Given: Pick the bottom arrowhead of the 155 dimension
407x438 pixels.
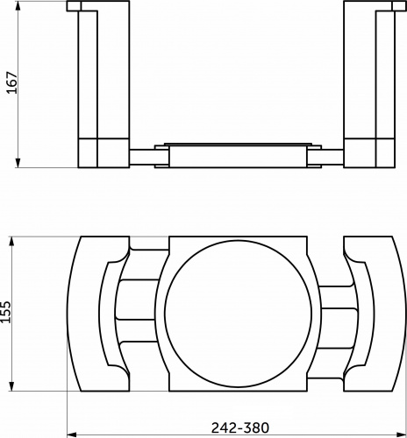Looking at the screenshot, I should click(x=11, y=385).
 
